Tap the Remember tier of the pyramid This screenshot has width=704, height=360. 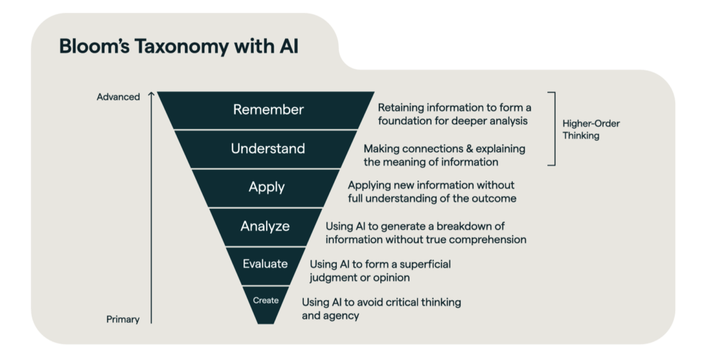pos(268,109)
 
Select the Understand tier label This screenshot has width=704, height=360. pos(267,148)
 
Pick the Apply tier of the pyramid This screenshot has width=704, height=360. pos(267,188)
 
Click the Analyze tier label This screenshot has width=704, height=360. pos(265,226)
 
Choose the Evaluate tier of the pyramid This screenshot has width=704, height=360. pos(265,264)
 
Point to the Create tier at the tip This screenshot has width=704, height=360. pos(265,300)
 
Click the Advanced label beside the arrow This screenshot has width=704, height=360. pos(118,97)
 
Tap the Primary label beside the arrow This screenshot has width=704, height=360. pos(123,319)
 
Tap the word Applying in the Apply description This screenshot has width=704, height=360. pos(368,185)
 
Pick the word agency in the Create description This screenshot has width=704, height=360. pos(342,316)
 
